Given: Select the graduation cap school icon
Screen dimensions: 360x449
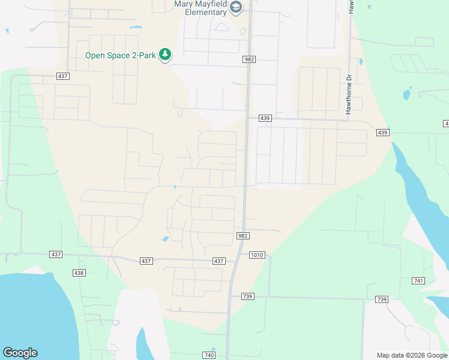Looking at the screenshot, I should click(x=236, y=7).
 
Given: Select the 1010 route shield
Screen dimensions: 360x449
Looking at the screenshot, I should click(x=256, y=255).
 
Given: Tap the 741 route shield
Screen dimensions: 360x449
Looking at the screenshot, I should click(x=419, y=281).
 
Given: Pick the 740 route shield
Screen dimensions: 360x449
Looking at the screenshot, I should click(x=208, y=355).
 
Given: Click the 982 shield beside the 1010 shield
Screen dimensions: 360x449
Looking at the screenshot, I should click(x=243, y=236).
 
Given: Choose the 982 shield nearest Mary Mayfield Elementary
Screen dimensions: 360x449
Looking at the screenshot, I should click(x=250, y=59).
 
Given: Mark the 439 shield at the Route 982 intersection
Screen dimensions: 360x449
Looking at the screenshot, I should click(x=266, y=119).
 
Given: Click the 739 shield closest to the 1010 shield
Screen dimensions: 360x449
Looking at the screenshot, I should click(x=247, y=296).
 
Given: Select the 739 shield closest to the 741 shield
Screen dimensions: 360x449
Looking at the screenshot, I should click(x=382, y=299).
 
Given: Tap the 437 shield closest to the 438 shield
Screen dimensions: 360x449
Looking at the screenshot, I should click(x=56, y=254).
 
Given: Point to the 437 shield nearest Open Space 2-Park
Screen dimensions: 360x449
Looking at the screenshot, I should click(x=63, y=76).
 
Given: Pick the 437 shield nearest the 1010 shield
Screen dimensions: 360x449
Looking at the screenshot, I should click(x=218, y=261).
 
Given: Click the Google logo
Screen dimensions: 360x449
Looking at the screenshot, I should click(x=20, y=353).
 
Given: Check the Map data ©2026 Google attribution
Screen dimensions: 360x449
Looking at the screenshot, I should click(x=411, y=355).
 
